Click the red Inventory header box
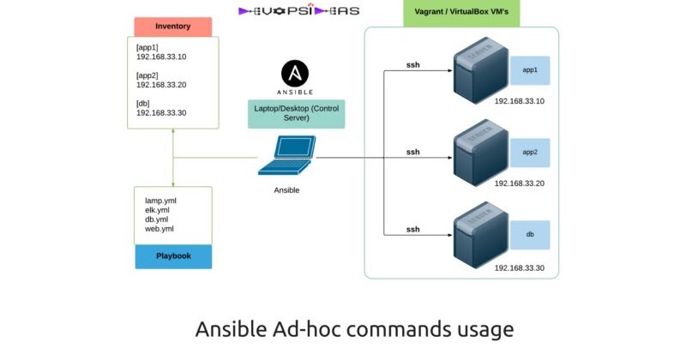(x=173, y=27)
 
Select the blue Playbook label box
(x=173, y=256)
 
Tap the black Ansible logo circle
(x=295, y=73)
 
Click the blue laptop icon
(x=286, y=155)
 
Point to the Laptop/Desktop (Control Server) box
(x=296, y=114)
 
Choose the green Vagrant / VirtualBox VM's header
(x=461, y=13)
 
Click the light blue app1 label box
(x=530, y=70)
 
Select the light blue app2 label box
(x=530, y=153)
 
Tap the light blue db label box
(x=530, y=235)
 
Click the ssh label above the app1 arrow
(x=413, y=65)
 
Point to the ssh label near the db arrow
(x=413, y=230)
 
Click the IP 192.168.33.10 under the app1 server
(x=520, y=101)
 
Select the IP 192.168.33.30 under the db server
(x=520, y=268)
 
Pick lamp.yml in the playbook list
(x=160, y=201)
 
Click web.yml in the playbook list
(x=159, y=229)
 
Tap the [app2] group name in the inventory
(x=147, y=75)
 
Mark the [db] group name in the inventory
(x=142, y=104)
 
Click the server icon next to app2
(x=481, y=153)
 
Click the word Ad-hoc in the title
(x=306, y=329)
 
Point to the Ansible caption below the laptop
(x=286, y=190)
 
